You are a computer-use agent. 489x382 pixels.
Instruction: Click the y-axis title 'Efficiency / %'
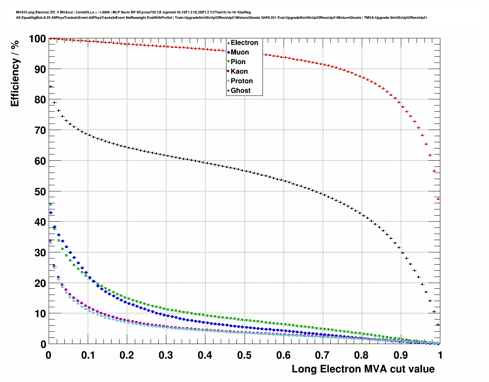click(x=15, y=73)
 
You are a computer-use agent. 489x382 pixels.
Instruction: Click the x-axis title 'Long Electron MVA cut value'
click(x=363, y=369)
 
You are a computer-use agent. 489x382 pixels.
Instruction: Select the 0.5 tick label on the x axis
click(x=244, y=355)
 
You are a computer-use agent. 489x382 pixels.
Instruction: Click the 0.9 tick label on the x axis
click(x=401, y=355)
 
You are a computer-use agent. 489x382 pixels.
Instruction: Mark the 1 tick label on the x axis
click(x=440, y=355)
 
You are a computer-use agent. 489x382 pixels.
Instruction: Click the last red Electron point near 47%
click(x=438, y=199)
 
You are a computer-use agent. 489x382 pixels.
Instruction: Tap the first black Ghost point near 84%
click(x=50, y=86)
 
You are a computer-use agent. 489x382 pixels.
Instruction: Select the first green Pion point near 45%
click(x=50, y=205)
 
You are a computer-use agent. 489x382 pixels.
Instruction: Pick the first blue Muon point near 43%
click(x=51, y=212)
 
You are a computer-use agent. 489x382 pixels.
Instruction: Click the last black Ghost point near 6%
click(x=438, y=324)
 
